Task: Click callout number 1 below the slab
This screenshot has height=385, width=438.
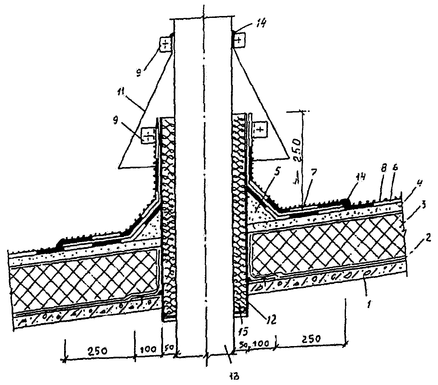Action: point(370,304)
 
